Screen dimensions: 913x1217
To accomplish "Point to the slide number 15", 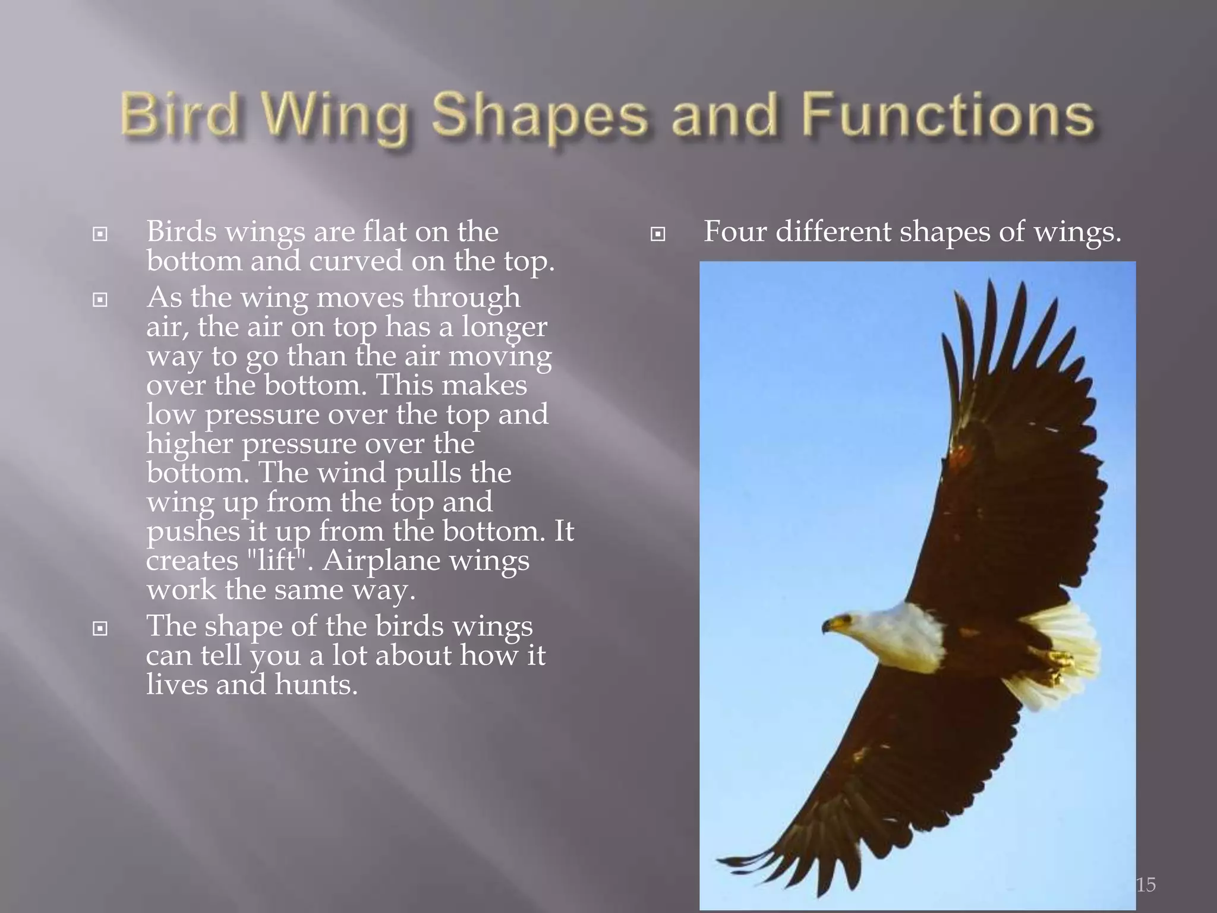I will [1146, 884].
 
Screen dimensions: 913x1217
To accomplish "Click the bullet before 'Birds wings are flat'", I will [100, 234].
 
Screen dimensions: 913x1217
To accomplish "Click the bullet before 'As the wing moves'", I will [100, 300].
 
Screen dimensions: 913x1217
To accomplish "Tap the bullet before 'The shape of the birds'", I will [100, 628].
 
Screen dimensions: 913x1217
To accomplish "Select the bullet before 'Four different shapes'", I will [657, 234].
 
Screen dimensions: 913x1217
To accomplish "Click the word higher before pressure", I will [190, 444].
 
